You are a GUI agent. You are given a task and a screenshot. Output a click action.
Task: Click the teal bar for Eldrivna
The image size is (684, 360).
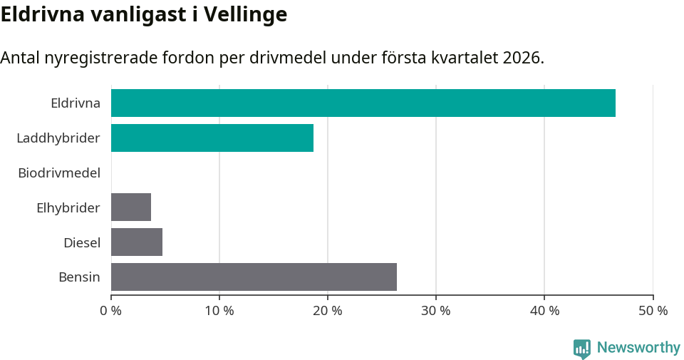(363, 103)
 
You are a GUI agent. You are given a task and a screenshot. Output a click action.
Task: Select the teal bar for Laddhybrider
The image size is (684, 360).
(212, 138)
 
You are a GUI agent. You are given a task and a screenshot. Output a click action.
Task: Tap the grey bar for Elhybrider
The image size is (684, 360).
(131, 207)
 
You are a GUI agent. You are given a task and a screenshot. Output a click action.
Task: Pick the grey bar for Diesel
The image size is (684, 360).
(137, 242)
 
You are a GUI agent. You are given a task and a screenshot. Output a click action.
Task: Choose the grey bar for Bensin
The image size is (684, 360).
(254, 277)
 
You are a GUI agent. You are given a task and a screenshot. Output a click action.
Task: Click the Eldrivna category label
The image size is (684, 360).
(75, 103)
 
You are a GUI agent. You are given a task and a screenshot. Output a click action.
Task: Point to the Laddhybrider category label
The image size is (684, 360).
(58, 138)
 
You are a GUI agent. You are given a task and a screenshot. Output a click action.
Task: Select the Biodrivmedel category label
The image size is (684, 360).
(58, 173)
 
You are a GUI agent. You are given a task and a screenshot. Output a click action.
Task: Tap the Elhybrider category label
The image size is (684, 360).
(68, 207)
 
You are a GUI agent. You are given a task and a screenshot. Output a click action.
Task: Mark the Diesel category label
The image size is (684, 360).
(81, 242)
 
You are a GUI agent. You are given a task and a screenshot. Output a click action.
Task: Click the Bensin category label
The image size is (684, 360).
(79, 277)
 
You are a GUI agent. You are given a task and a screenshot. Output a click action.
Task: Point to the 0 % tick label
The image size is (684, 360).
(111, 311)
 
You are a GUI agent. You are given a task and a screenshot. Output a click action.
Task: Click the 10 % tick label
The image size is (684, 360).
(219, 311)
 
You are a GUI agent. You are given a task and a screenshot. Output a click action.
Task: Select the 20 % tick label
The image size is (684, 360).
(328, 311)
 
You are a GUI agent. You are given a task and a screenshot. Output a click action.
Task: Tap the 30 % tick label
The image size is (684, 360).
(436, 311)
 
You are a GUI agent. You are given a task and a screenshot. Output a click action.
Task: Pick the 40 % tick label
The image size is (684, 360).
(544, 311)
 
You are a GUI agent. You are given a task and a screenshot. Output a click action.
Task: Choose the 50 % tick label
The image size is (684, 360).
(653, 311)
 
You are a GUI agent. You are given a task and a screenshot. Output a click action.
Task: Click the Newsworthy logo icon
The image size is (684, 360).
(582, 348)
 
